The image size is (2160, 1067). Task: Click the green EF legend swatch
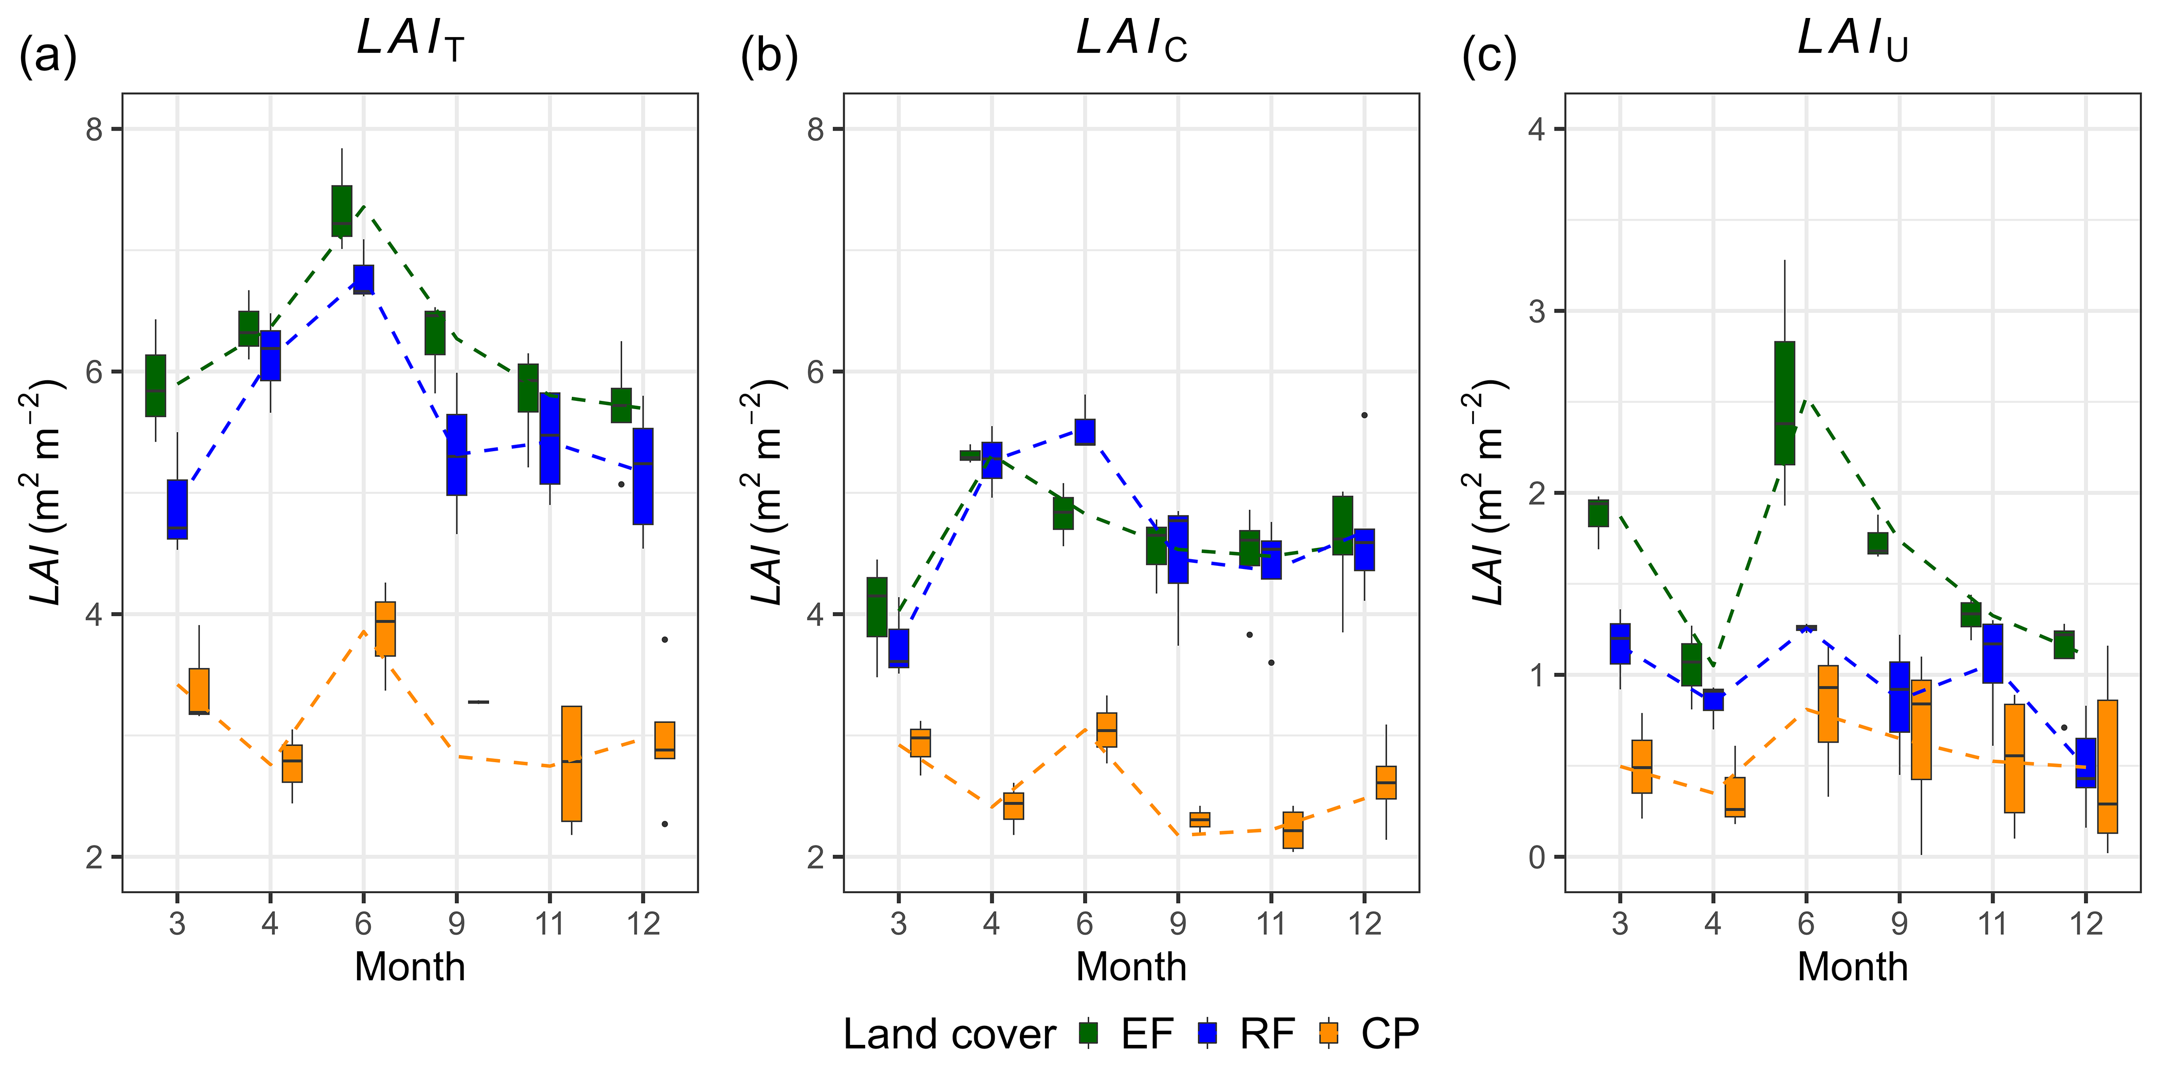[1088, 1033]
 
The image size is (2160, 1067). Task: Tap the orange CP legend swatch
[1328, 1033]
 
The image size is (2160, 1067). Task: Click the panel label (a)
[48, 57]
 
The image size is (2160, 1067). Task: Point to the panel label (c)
[1489, 57]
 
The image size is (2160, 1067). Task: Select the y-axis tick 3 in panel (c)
[1536, 311]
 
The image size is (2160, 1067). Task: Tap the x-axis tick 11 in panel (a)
[549, 924]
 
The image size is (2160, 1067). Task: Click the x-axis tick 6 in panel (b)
[1085, 924]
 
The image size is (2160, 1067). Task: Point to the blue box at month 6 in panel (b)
[1085, 432]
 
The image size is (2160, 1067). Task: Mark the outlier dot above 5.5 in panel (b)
[1364, 415]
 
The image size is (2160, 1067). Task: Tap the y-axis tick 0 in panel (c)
[1536, 857]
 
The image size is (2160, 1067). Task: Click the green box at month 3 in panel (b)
[877, 608]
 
